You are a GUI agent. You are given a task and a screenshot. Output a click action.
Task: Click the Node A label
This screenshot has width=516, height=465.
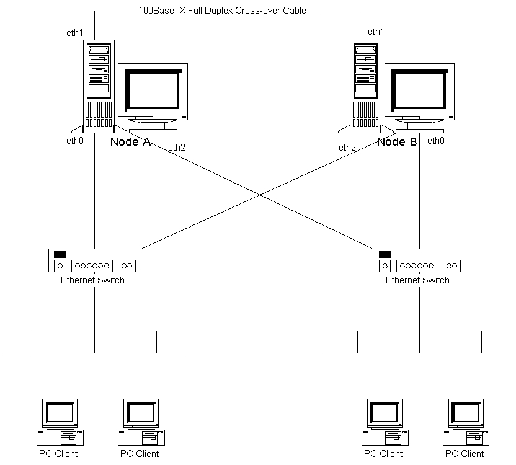coord(130,142)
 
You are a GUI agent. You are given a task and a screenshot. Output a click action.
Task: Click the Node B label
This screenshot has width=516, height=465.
coord(397,142)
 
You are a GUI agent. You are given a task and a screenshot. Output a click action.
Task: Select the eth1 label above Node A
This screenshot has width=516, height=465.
coord(74,32)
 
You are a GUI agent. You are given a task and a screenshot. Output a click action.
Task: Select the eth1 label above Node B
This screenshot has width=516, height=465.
coord(376,32)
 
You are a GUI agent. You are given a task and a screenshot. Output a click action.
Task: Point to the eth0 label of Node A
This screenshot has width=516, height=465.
coord(74,141)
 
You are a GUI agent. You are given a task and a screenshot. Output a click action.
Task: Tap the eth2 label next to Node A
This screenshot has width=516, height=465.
coord(176,148)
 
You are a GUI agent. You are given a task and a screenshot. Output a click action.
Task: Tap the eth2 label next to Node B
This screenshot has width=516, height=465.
coord(347,148)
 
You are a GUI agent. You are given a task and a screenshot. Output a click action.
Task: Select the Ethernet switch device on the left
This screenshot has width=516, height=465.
coord(95,260)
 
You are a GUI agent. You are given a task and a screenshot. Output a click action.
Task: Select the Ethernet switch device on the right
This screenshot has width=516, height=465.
coord(420,260)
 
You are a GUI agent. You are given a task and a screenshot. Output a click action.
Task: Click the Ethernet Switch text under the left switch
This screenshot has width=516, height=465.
coord(92,280)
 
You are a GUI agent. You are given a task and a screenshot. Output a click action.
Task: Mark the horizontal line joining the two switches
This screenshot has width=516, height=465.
coord(257,260)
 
